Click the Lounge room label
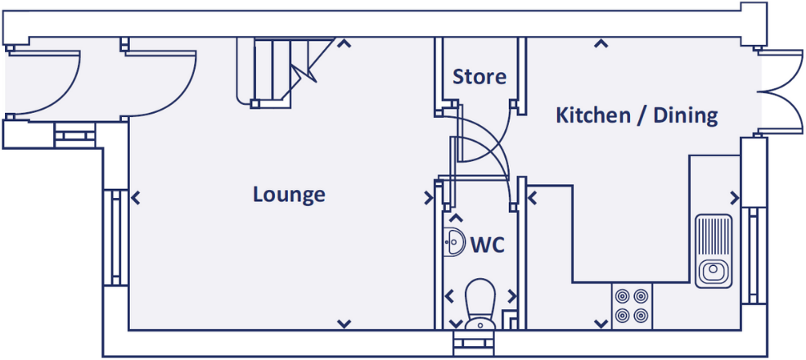(x=289, y=195)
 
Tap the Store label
(x=479, y=77)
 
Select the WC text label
(x=488, y=245)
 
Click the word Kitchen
(x=593, y=115)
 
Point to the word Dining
(x=685, y=116)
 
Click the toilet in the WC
(x=480, y=304)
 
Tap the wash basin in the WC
(x=452, y=241)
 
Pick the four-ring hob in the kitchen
(x=632, y=306)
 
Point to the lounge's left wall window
(x=115, y=237)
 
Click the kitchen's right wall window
(x=754, y=255)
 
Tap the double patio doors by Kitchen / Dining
(x=781, y=92)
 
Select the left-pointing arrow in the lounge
(x=136, y=197)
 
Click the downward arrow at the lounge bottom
(x=344, y=323)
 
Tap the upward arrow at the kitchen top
(x=601, y=44)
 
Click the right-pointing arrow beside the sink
(x=735, y=197)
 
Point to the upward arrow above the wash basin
(x=456, y=218)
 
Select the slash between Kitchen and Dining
(x=642, y=116)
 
